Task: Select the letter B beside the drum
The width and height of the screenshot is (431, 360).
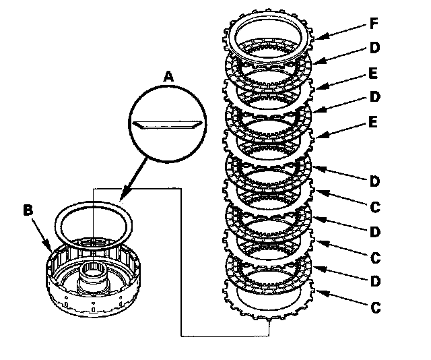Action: point(28,210)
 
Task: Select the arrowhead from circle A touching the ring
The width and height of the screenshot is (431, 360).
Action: point(121,200)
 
